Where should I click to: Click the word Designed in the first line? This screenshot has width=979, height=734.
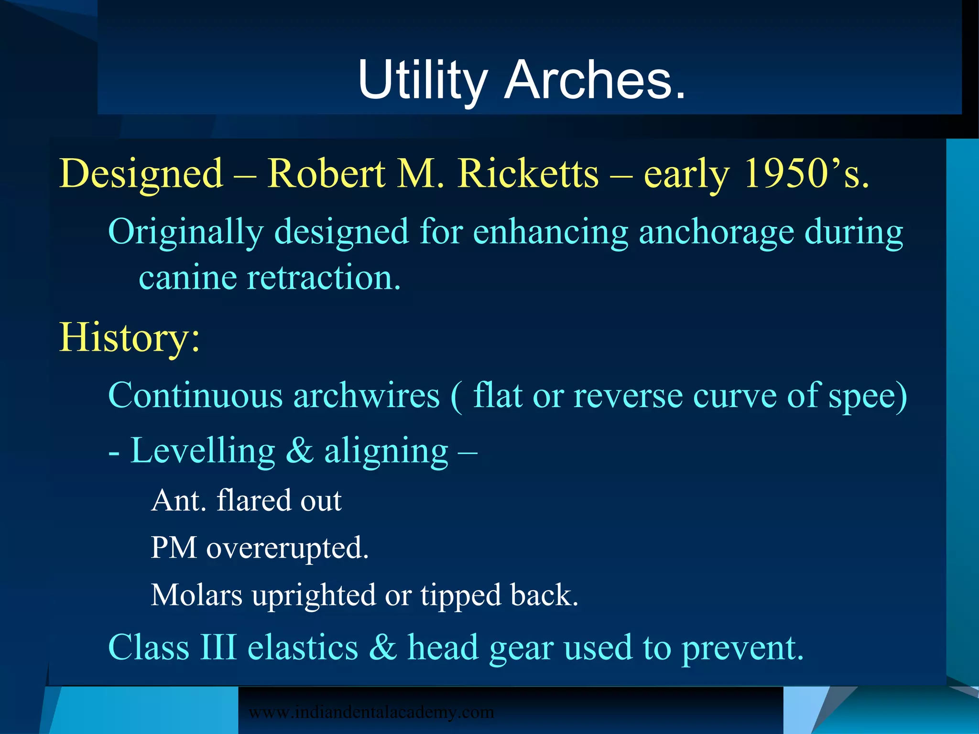coord(141,174)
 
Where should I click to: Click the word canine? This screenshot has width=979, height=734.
coord(187,278)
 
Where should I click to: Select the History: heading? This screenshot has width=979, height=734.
coord(130,337)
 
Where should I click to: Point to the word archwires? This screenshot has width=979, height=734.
coord(366,396)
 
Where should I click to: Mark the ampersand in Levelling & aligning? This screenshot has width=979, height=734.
coord(300,450)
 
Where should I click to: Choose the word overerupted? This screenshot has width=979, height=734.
coord(287,548)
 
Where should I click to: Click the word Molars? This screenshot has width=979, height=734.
coord(196,595)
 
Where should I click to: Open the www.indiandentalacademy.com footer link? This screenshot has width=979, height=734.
coord(371,712)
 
